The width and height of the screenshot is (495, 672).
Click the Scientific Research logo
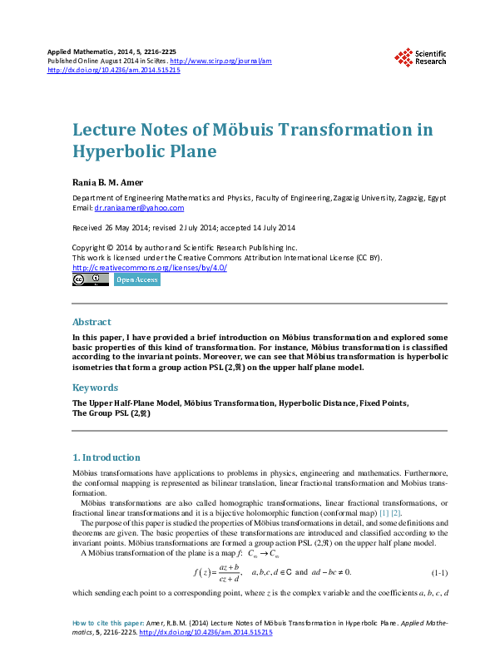(x=420, y=57)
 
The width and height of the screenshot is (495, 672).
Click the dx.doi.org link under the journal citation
(x=113, y=71)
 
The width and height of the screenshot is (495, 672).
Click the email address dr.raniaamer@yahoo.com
(x=139, y=208)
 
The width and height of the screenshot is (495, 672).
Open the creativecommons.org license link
(x=150, y=268)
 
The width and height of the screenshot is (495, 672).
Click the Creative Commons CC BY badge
(x=90, y=280)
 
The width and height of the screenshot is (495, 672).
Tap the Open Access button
(x=136, y=280)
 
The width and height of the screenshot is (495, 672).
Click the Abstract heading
(x=92, y=322)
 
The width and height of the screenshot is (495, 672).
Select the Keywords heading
(x=95, y=388)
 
